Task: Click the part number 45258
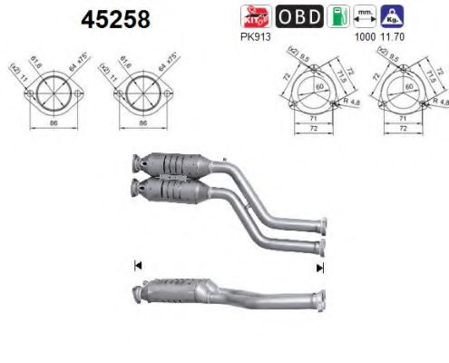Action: (116, 19)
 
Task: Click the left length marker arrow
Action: (138, 266)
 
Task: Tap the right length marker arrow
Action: (318, 268)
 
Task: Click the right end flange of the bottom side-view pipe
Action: (320, 299)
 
